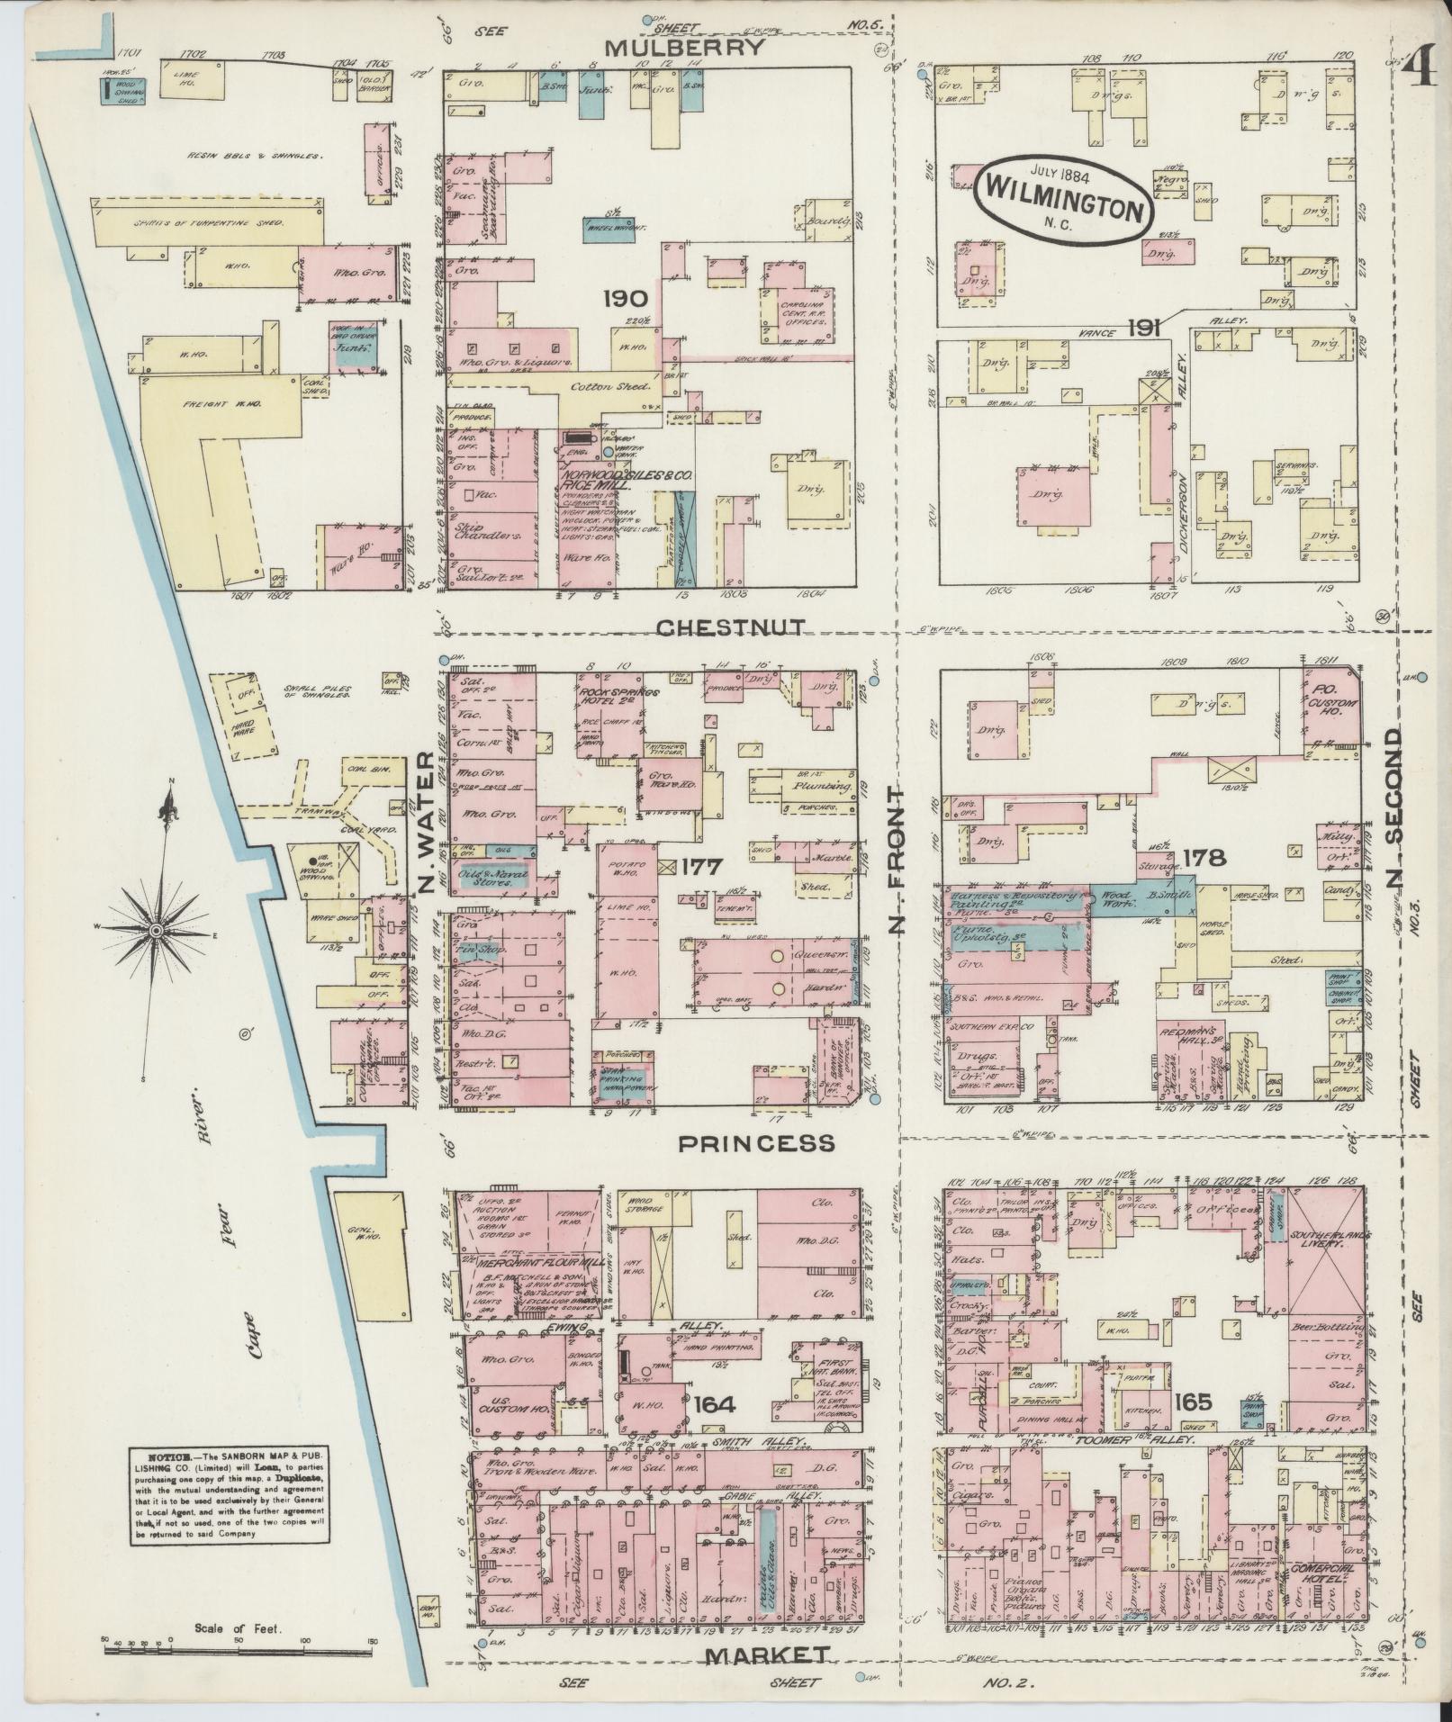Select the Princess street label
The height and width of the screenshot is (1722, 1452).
point(756,1143)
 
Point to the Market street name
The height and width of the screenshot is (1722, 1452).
point(766,1654)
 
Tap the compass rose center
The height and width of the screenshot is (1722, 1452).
point(157,929)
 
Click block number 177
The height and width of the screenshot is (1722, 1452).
point(702,867)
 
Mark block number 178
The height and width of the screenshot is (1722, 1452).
point(1204,858)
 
